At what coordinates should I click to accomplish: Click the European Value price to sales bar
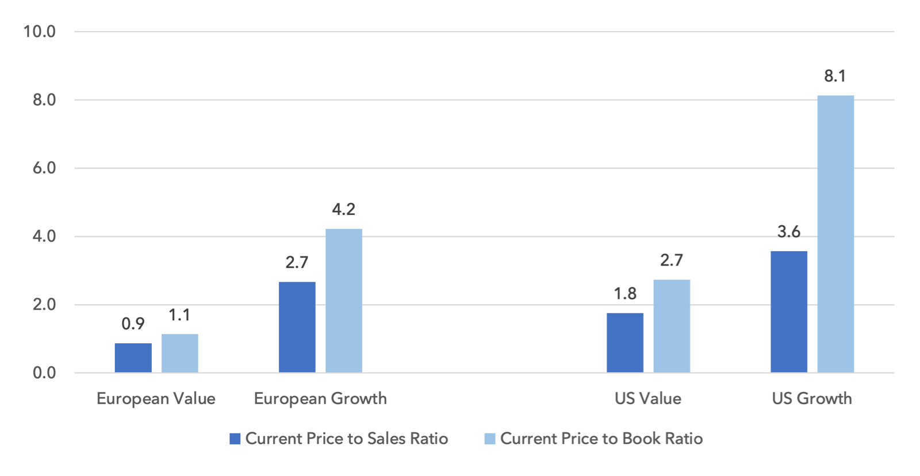coord(133,358)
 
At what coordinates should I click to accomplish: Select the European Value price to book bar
coord(180,353)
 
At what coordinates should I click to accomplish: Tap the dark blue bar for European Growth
coord(297,327)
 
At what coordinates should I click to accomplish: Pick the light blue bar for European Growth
coord(344,301)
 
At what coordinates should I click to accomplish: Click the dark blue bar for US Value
coord(625,343)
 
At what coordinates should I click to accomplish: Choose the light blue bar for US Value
coord(672,326)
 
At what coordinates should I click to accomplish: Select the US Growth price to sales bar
coord(789,312)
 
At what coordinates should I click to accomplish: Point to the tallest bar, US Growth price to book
coord(835,234)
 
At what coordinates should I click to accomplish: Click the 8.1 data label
coord(835,76)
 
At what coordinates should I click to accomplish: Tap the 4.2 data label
coord(344,209)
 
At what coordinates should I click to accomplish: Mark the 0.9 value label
coord(133,324)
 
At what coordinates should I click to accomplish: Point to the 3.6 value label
coord(789,232)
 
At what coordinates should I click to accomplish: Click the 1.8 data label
coord(625,294)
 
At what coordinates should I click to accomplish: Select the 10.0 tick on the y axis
coord(40,32)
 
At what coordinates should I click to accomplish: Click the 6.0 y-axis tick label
coord(44,168)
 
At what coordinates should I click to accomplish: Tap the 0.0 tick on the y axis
coord(44,373)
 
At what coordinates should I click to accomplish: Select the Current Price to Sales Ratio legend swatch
coord(235,439)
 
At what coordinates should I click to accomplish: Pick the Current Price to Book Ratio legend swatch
coord(490,439)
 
